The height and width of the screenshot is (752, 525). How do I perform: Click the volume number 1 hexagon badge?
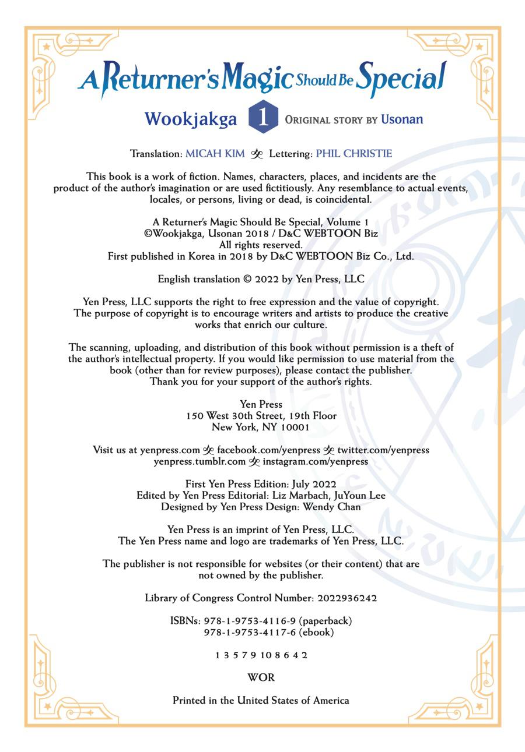point(263,118)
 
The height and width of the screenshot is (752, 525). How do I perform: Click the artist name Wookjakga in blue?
point(191,119)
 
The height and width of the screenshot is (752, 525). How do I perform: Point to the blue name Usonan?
point(402,119)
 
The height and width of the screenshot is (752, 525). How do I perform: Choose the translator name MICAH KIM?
point(215,154)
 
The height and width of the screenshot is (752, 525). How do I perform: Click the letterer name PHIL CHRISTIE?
point(354,154)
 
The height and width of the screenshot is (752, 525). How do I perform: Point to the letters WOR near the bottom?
point(261,677)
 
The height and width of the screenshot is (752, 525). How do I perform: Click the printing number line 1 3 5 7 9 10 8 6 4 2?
point(261,655)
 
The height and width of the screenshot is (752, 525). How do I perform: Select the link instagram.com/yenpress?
point(315,461)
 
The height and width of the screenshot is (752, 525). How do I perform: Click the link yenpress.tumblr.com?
point(199,461)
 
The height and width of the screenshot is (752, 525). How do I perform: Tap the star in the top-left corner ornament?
point(47,46)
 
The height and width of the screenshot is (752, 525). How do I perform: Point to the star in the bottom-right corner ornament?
point(479,707)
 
